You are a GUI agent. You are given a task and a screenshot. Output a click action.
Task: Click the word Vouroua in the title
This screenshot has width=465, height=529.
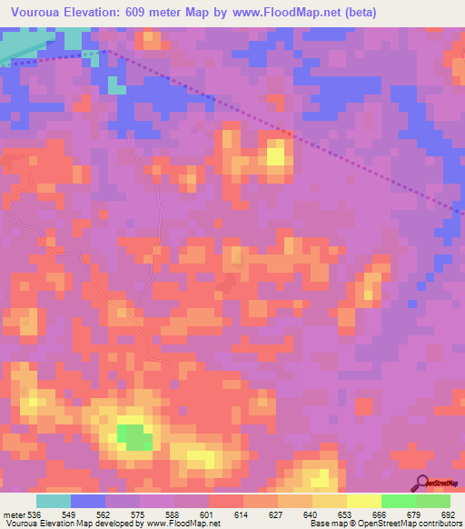tap(36, 13)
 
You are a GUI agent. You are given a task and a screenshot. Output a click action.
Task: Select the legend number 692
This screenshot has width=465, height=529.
tap(448, 514)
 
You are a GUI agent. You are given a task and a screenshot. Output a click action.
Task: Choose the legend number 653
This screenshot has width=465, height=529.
tap(343, 514)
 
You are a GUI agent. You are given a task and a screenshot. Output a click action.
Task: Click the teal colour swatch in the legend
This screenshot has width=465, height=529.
tap(54, 501)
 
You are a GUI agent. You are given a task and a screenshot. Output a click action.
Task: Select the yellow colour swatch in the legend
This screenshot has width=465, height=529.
tap(364, 501)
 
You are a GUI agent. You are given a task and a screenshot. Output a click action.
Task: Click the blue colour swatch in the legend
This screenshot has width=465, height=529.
tap(88, 501)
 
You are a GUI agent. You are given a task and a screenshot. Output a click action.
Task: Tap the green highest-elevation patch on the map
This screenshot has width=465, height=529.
tap(134, 437)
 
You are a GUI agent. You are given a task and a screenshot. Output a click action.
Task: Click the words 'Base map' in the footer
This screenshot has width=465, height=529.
tap(323, 524)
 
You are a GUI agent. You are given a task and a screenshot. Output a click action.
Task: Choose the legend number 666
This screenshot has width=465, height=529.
tap(378, 514)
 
